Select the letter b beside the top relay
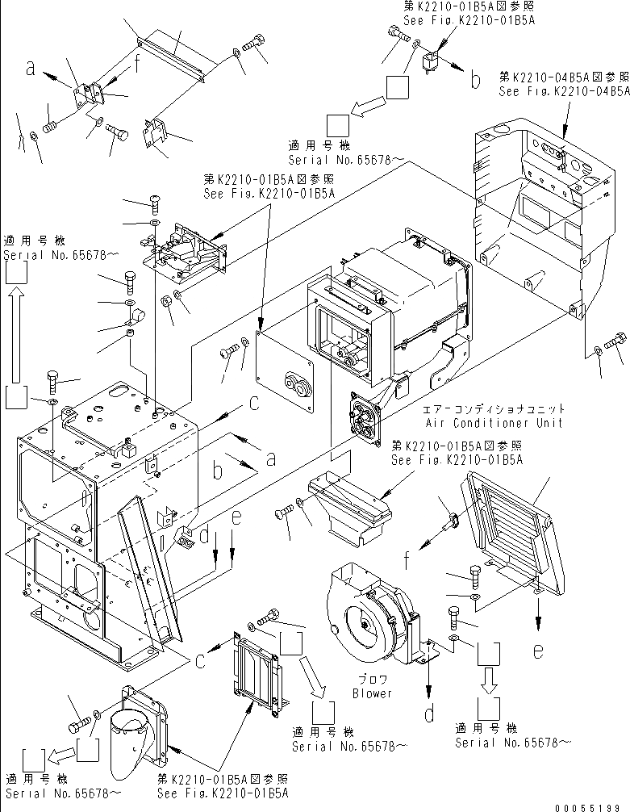476,80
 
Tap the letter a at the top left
31,71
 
